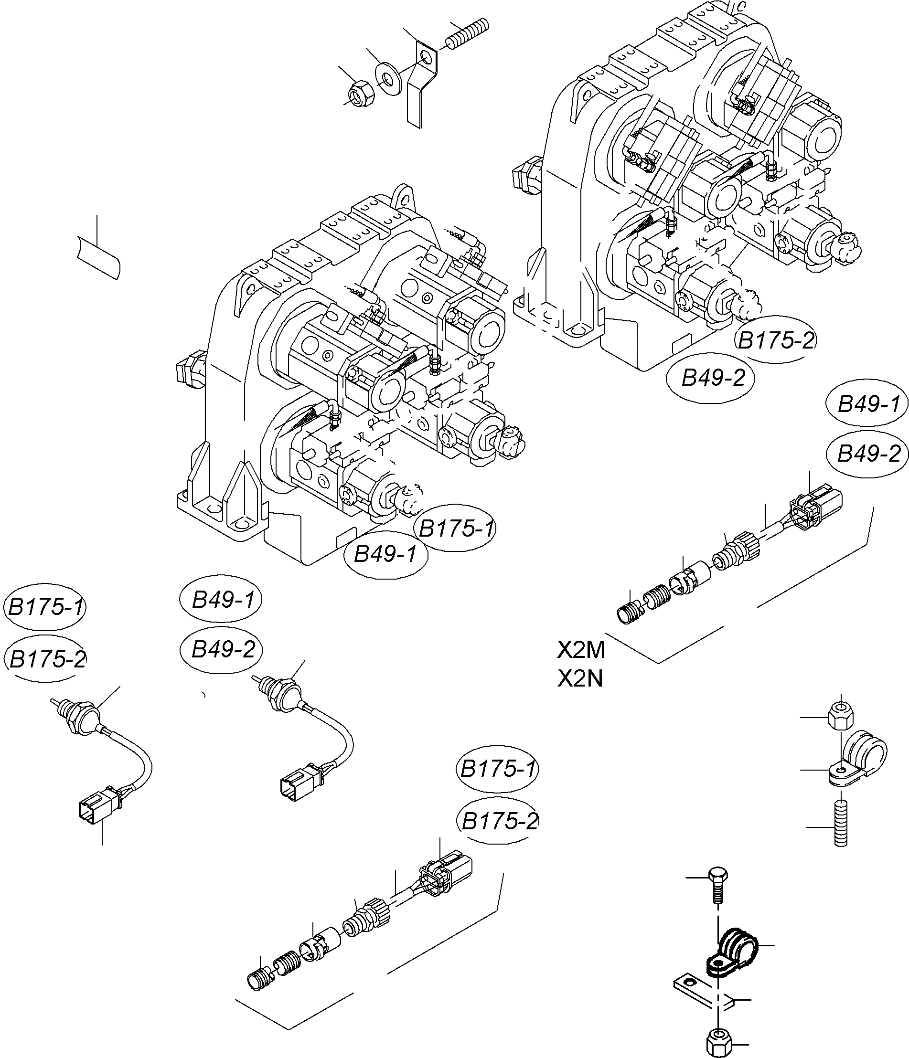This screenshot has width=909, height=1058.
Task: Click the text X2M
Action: (581, 650)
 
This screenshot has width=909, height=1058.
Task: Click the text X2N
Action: (580, 678)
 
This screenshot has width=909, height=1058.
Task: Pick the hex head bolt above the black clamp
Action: (717, 889)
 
